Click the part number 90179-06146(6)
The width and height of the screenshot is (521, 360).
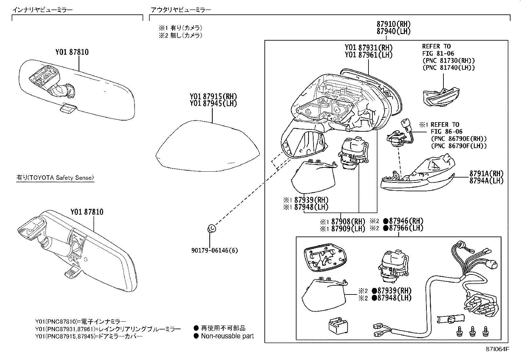click(x=215, y=251)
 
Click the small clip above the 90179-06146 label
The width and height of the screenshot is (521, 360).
click(x=211, y=228)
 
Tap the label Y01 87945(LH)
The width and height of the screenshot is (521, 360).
click(x=213, y=104)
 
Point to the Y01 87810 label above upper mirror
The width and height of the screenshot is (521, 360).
click(x=72, y=52)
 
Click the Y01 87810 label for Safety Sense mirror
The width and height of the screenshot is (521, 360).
click(x=87, y=212)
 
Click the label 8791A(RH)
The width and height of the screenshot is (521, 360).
click(x=486, y=174)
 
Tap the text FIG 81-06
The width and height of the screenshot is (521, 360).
click(x=438, y=53)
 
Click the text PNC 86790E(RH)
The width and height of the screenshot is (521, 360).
click(x=458, y=139)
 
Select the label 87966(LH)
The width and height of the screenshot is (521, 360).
click(x=406, y=228)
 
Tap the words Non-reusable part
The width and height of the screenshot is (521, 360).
click(x=227, y=336)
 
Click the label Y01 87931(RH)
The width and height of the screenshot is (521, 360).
click(x=368, y=48)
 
